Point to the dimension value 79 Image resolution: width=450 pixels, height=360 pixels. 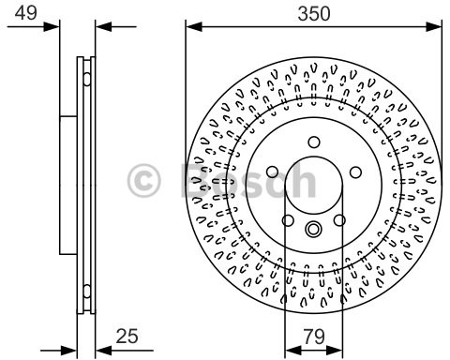point(312,334)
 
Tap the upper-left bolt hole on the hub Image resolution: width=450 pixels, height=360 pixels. point(272,172)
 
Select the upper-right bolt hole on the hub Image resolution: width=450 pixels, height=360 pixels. point(354,172)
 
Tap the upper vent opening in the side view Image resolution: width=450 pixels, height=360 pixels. point(87,70)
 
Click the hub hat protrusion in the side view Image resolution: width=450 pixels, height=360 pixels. point(67,184)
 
